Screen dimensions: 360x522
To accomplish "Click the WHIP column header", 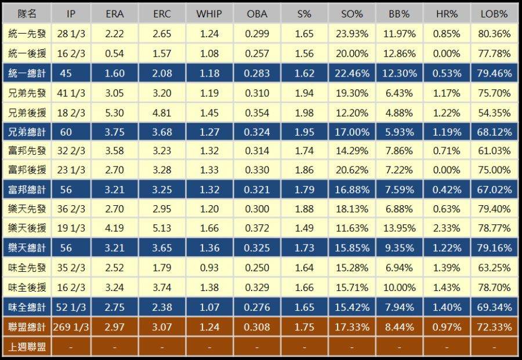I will coord(209,14).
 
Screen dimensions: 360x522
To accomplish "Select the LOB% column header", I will coord(494,14).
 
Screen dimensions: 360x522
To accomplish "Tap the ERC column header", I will coord(162,14).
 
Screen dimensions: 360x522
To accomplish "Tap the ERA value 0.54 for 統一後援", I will coord(114,54).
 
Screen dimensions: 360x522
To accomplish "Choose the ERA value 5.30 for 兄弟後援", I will coord(114,112).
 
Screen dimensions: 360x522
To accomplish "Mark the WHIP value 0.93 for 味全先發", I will coord(209,268).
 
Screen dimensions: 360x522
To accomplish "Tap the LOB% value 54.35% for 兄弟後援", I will coord(494,112).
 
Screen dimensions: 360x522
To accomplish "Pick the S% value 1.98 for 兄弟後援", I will coord(304,112).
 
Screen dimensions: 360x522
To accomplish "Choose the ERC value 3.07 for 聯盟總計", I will coord(162,327).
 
